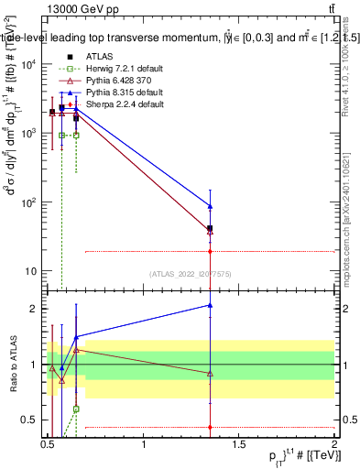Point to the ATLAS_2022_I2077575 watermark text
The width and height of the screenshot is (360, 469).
[191, 273]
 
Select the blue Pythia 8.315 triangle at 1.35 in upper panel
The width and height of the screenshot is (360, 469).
[211, 206]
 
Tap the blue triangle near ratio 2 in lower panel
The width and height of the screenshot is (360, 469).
[211, 305]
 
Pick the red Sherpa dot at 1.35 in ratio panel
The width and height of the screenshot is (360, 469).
[211, 427]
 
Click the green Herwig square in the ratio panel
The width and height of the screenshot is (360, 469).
[76, 409]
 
